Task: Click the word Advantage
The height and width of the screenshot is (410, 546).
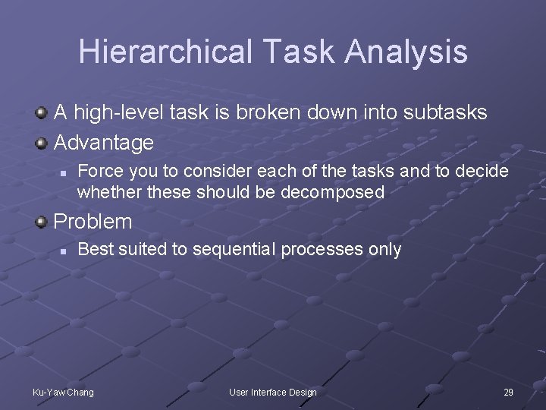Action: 103,142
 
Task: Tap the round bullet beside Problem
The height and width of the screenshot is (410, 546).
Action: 42,222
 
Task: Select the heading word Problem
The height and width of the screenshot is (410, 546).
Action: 93,222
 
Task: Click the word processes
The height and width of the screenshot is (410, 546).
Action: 324,249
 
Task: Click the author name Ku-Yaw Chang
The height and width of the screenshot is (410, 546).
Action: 63,392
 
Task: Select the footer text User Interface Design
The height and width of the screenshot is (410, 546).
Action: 273,392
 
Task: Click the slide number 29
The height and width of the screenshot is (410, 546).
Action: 508,392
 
